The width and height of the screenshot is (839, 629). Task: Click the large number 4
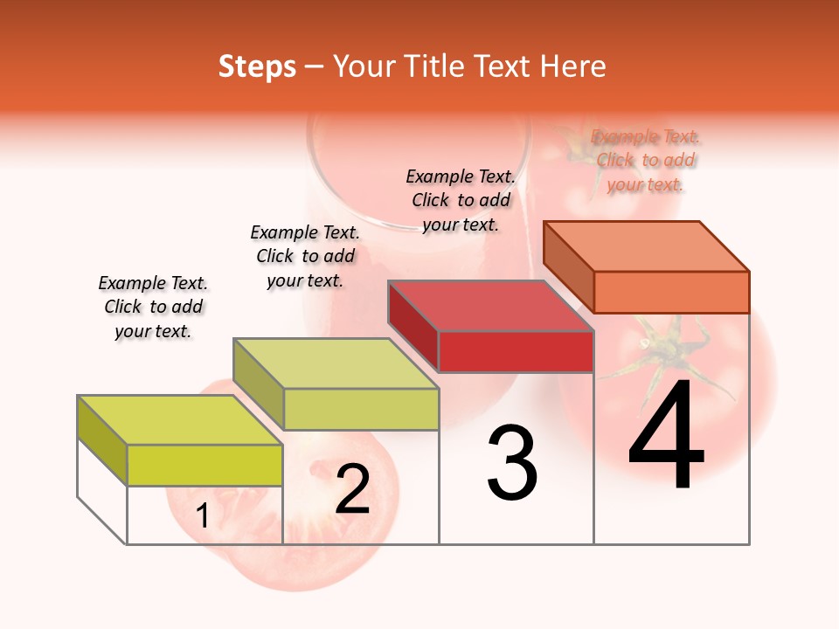pyautogui.click(x=666, y=437)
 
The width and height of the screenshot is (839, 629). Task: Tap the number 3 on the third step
pyautogui.click(x=512, y=463)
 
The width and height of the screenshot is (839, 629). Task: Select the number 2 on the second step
pyautogui.click(x=352, y=489)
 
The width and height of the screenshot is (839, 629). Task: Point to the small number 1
pyautogui.click(x=202, y=516)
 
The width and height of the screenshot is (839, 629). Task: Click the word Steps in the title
pyautogui.click(x=257, y=66)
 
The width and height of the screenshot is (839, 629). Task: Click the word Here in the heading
pyautogui.click(x=573, y=66)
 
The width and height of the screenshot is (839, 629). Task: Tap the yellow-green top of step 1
pyautogui.click(x=180, y=420)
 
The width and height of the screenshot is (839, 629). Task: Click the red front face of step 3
pyautogui.click(x=516, y=351)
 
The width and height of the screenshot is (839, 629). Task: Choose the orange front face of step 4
pyautogui.click(x=671, y=292)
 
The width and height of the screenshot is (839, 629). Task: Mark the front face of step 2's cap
pyautogui.click(x=361, y=409)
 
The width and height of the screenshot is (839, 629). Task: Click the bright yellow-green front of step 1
pyautogui.click(x=205, y=465)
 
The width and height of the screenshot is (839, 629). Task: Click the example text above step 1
pyautogui.click(x=153, y=307)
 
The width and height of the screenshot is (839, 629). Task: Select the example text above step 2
pyautogui.click(x=305, y=256)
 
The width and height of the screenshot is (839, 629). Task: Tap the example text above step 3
pyautogui.click(x=461, y=200)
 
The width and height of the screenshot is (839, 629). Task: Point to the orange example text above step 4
pyautogui.click(x=645, y=160)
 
